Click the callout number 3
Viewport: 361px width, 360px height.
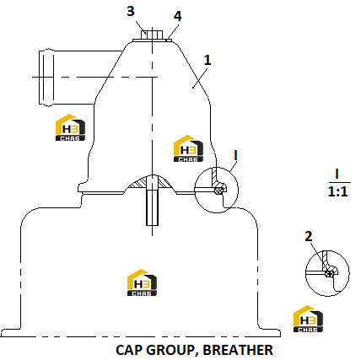(131, 11)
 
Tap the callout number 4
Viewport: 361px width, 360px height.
(177, 16)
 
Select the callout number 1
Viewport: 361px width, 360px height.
(207, 60)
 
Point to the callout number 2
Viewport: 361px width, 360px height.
(309, 236)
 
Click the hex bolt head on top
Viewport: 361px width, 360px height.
(152, 35)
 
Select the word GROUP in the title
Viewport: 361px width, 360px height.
(170, 350)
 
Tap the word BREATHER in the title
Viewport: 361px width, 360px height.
(238, 350)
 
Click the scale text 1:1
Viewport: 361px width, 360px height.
(337, 191)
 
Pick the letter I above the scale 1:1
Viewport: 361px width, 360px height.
(337, 174)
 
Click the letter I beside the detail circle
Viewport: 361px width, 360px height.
(236, 155)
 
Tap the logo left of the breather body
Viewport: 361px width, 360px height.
(70, 127)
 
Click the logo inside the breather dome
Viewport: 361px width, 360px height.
(188, 148)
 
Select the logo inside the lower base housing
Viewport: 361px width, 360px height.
(142, 282)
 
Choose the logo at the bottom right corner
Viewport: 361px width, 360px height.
(308, 319)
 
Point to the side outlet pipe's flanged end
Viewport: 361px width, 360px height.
(46, 78)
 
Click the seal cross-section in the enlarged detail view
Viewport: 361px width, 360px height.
(328, 273)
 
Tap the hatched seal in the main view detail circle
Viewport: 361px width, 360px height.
(218, 191)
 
